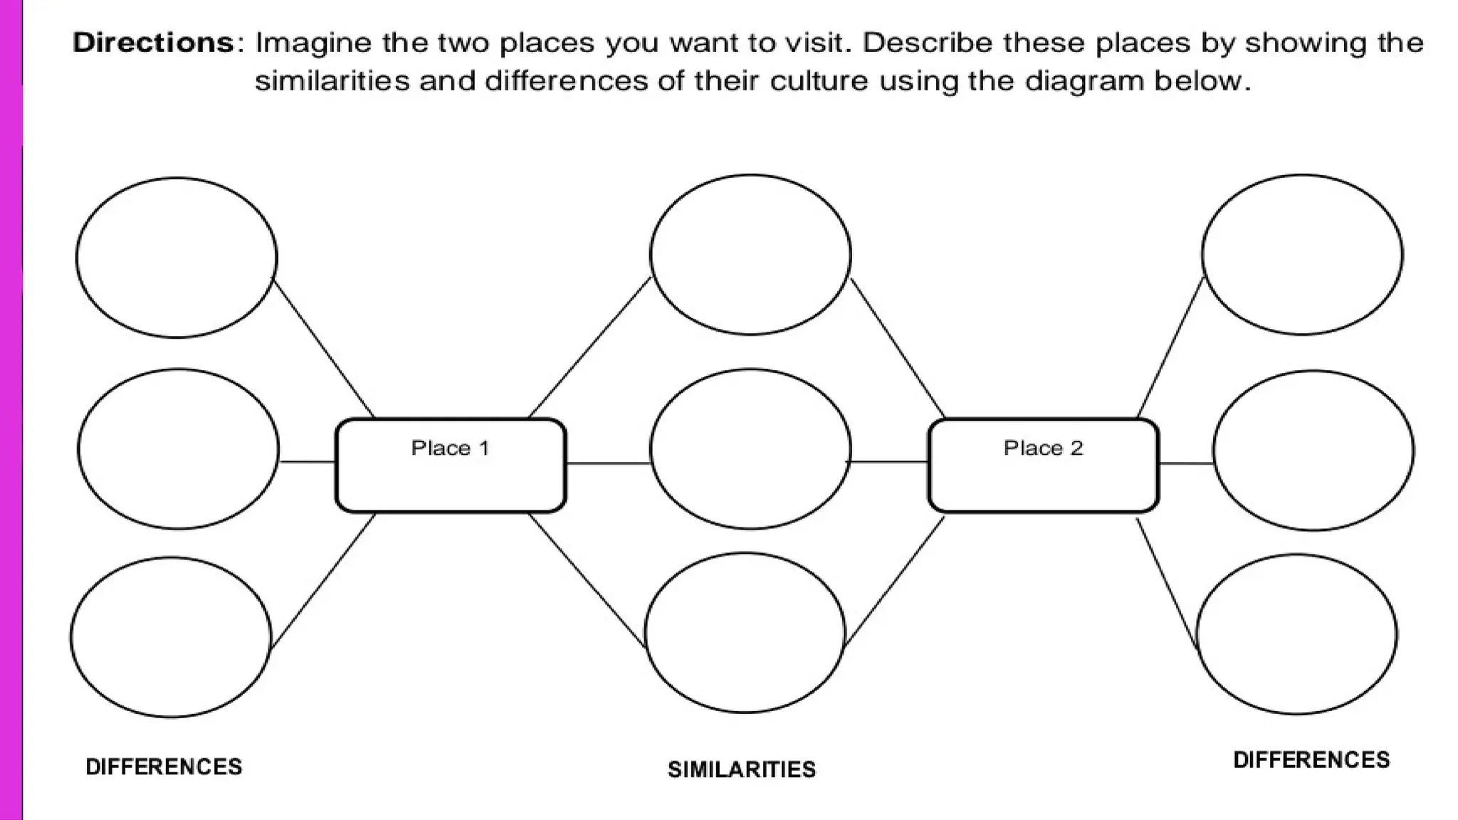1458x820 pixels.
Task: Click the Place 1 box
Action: click(451, 466)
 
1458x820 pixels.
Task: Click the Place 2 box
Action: click(1043, 466)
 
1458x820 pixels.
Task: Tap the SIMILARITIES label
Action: click(741, 769)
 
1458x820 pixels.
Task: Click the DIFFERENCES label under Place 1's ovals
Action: click(164, 767)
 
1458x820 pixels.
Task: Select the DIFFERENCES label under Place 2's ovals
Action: click(1311, 759)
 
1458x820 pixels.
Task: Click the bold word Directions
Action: click(154, 43)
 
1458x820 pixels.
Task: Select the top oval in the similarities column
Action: click(750, 254)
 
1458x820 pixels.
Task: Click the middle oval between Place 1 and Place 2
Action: click(750, 448)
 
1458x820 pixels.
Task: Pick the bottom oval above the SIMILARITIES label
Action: click(745, 633)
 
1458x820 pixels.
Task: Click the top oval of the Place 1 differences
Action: click(177, 257)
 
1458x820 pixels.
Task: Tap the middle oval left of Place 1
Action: click(178, 448)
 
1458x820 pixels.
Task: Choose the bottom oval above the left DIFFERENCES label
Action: click(171, 637)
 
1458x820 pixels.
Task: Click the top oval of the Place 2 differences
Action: click(1302, 254)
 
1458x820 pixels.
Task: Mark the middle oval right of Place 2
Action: click(1313, 450)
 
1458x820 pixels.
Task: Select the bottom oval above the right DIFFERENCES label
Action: click(1296, 634)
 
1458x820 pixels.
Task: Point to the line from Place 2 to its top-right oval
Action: click(1170, 347)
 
